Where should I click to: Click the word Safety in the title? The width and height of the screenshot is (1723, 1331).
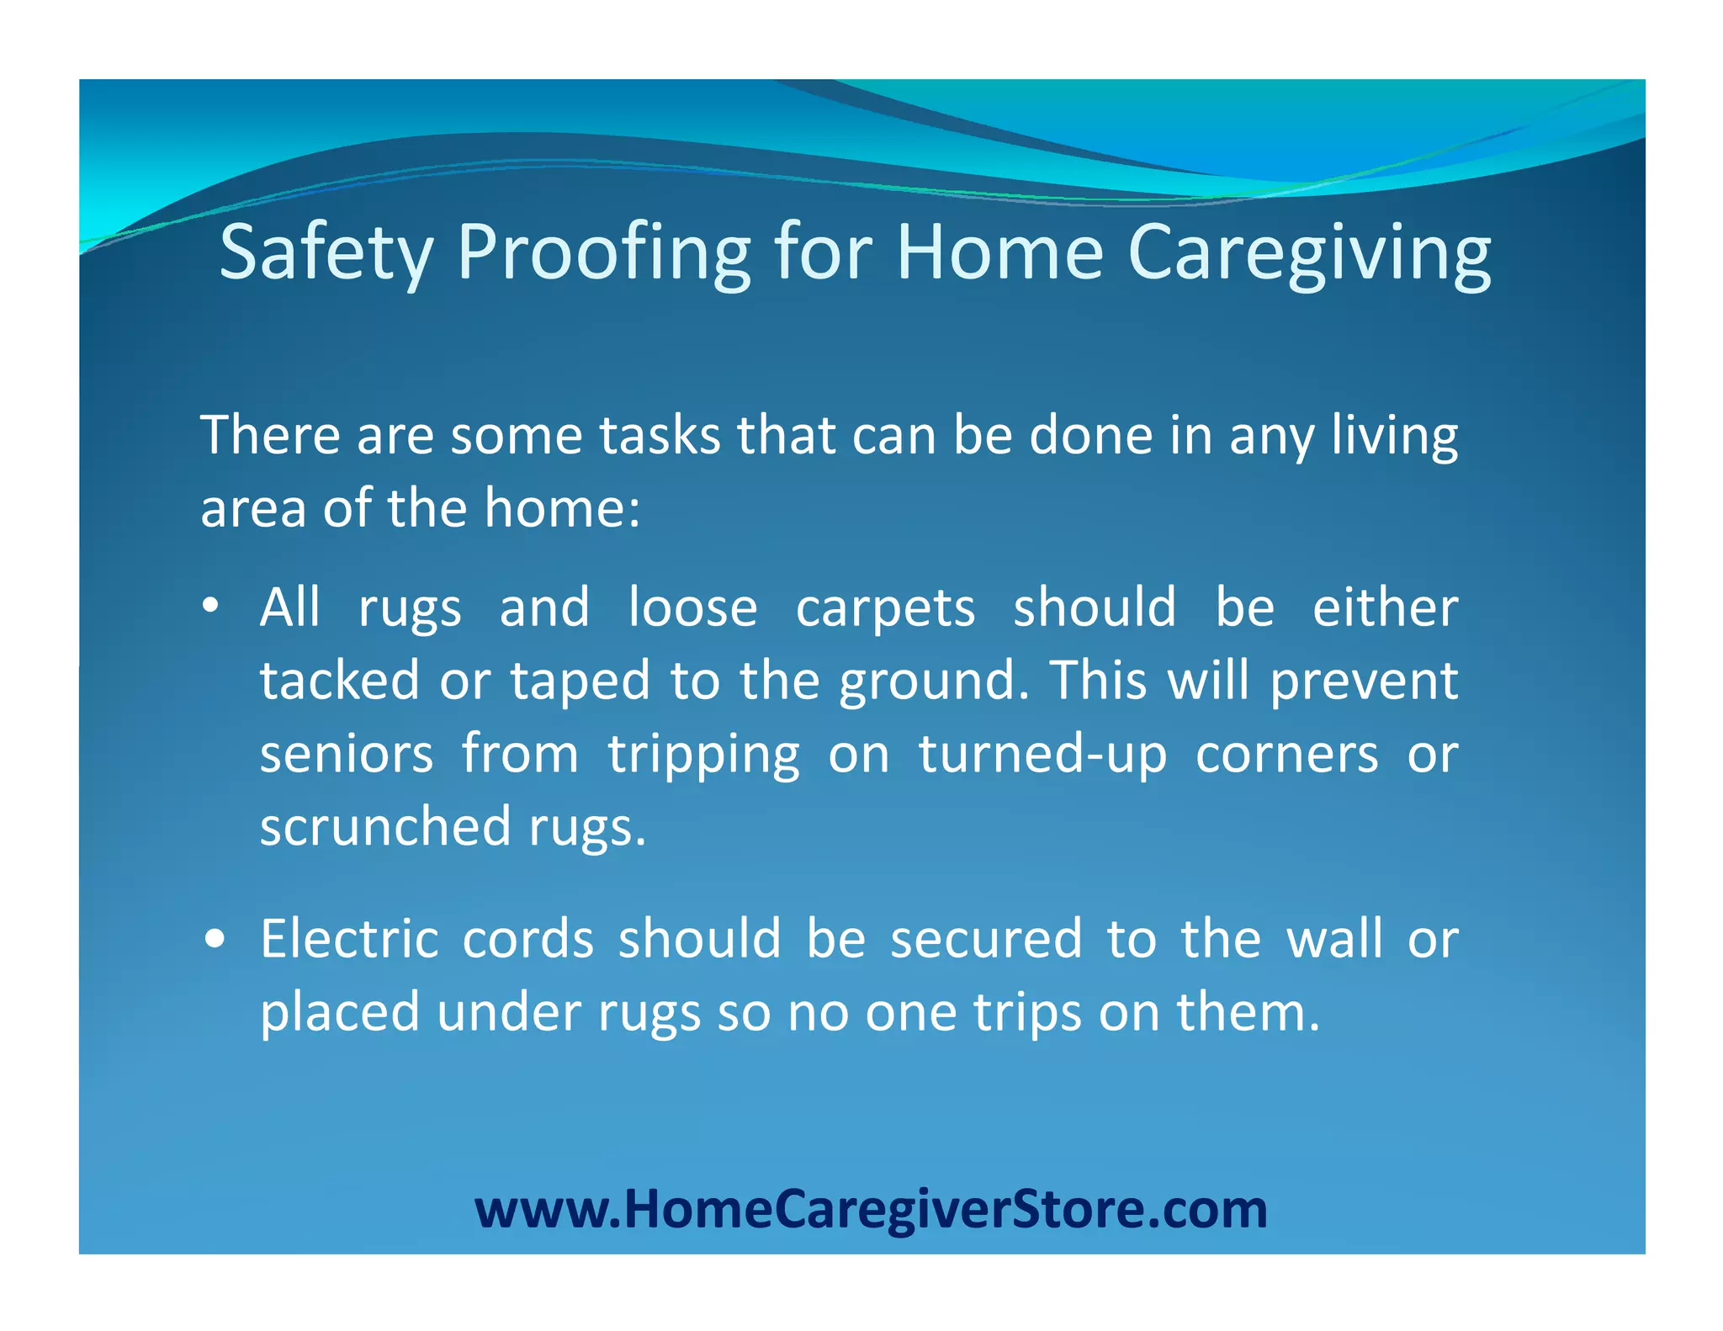click(x=326, y=252)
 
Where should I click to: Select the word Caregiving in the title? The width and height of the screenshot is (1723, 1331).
click(x=1308, y=252)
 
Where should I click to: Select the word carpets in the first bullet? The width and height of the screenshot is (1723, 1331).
click(x=885, y=608)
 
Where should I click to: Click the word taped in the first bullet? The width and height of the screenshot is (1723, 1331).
click(x=581, y=681)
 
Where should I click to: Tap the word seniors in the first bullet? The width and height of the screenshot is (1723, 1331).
click(x=347, y=754)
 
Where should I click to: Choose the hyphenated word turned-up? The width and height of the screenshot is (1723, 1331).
click(x=1042, y=754)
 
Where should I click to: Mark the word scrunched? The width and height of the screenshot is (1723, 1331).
click(x=384, y=826)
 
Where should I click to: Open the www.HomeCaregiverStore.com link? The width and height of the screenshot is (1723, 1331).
click(x=871, y=1209)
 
